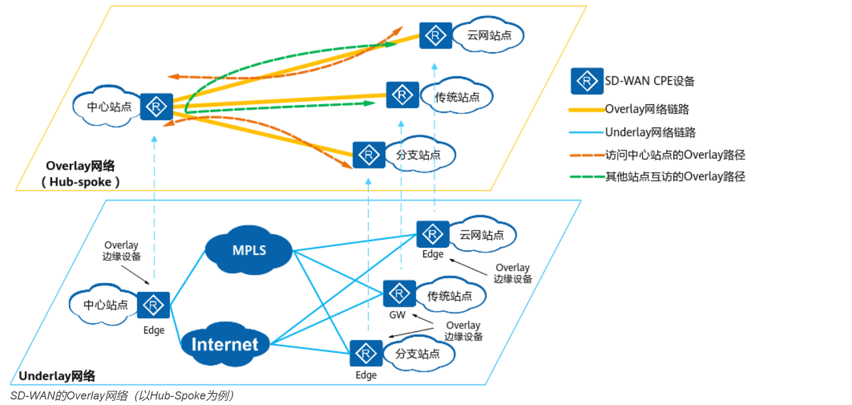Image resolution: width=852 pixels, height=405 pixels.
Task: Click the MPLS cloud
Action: pos(249,251)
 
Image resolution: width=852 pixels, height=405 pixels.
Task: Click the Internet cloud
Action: pos(225,344)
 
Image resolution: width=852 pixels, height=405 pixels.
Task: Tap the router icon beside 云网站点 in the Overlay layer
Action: pos(436,36)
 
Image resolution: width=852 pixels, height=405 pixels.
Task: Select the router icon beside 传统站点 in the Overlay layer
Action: pos(402,95)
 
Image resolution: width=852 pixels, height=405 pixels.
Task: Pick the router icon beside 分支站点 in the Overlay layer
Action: pos(369,155)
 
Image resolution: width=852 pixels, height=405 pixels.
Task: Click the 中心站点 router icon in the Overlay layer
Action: pos(156,107)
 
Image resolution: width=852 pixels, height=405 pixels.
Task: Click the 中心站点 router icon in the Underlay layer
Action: pos(153,305)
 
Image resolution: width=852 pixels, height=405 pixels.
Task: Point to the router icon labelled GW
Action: pos(399,294)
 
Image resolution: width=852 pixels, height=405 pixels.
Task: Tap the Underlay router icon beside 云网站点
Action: pos(433,235)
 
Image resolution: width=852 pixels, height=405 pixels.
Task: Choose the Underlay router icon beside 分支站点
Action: pos(366,354)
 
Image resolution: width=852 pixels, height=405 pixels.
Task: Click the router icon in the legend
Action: pos(587,81)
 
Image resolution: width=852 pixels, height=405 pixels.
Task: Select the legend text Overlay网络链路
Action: pos(647,109)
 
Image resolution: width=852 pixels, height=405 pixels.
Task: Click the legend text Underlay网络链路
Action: pos(650,133)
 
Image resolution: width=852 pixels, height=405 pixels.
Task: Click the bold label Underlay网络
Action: pos(57,376)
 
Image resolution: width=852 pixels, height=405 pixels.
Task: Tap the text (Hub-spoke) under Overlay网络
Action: pos(81,182)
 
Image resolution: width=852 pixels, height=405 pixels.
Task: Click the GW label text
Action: pos(397,315)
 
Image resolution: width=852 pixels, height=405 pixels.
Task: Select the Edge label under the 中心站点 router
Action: pos(154,330)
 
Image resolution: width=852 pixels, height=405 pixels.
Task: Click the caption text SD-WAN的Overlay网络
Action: pos(69,396)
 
